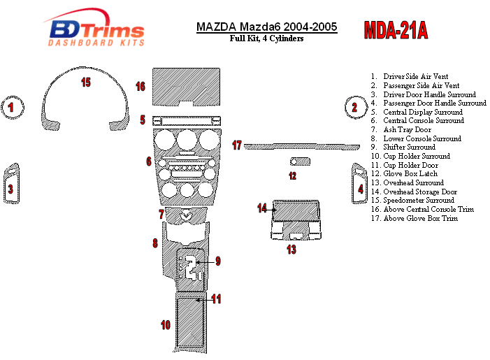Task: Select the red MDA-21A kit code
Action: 396,30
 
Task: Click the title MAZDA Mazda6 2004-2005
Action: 266,27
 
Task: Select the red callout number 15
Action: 86,82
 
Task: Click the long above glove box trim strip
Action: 302,147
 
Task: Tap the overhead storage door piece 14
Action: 296,210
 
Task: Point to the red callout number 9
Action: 218,261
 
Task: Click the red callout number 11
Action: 216,298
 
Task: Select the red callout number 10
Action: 166,325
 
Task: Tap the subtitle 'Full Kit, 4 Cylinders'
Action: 266,38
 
